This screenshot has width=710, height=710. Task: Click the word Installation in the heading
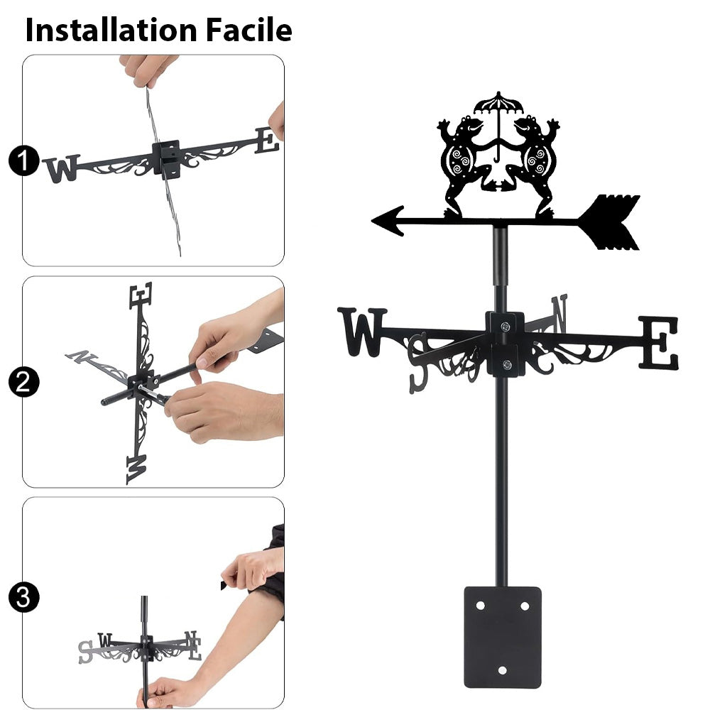click(111, 30)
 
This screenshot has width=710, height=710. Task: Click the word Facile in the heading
click(249, 30)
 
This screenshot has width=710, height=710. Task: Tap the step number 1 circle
click(23, 161)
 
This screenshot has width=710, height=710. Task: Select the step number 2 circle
click(23, 382)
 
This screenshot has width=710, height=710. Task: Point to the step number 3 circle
click(23, 597)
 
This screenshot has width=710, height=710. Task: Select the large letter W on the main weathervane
click(362, 332)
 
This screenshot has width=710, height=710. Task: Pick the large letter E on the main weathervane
click(659, 342)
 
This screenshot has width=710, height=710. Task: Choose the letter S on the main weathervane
click(417, 363)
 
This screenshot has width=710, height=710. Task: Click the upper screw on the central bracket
click(506, 326)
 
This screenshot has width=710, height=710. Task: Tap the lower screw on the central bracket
click(507, 364)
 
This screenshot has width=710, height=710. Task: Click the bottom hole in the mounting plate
click(502, 670)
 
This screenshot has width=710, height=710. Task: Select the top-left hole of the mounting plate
click(481, 606)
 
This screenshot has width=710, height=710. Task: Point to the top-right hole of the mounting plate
click(525, 606)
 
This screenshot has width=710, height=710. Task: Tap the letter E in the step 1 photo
click(267, 141)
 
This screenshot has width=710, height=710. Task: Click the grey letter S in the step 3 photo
click(85, 652)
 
